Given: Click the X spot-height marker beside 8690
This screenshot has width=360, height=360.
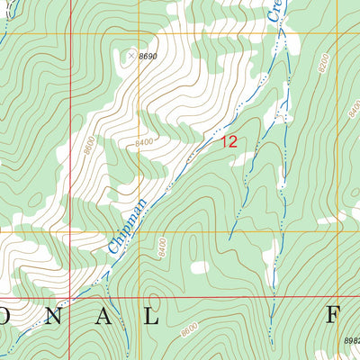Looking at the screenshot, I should [130, 56].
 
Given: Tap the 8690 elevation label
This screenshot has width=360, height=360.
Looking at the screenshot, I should [148, 56].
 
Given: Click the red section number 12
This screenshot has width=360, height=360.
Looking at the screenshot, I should [229, 140].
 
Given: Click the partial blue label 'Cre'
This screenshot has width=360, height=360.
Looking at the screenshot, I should [276, 11].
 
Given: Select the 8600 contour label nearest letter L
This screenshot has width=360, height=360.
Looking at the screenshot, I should [188, 330].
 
